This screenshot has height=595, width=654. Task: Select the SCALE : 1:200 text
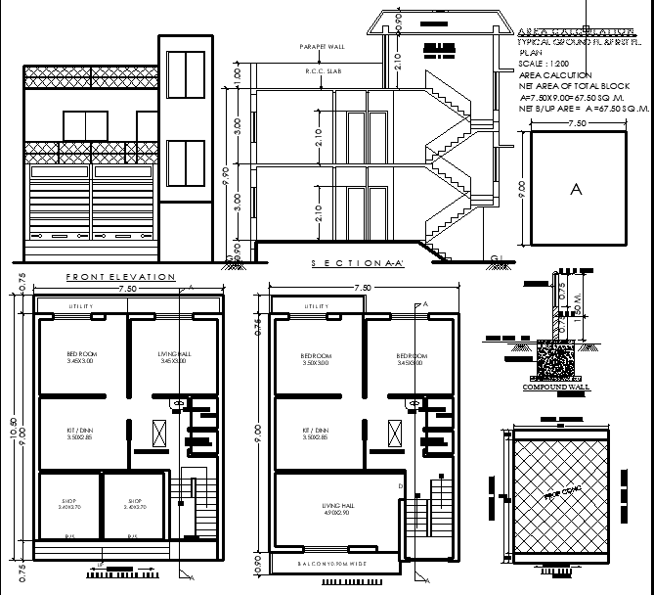[x=540, y=64]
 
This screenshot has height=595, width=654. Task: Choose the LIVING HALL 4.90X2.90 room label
[x=335, y=508]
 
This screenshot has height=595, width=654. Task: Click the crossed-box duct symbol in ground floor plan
[x=159, y=432]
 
